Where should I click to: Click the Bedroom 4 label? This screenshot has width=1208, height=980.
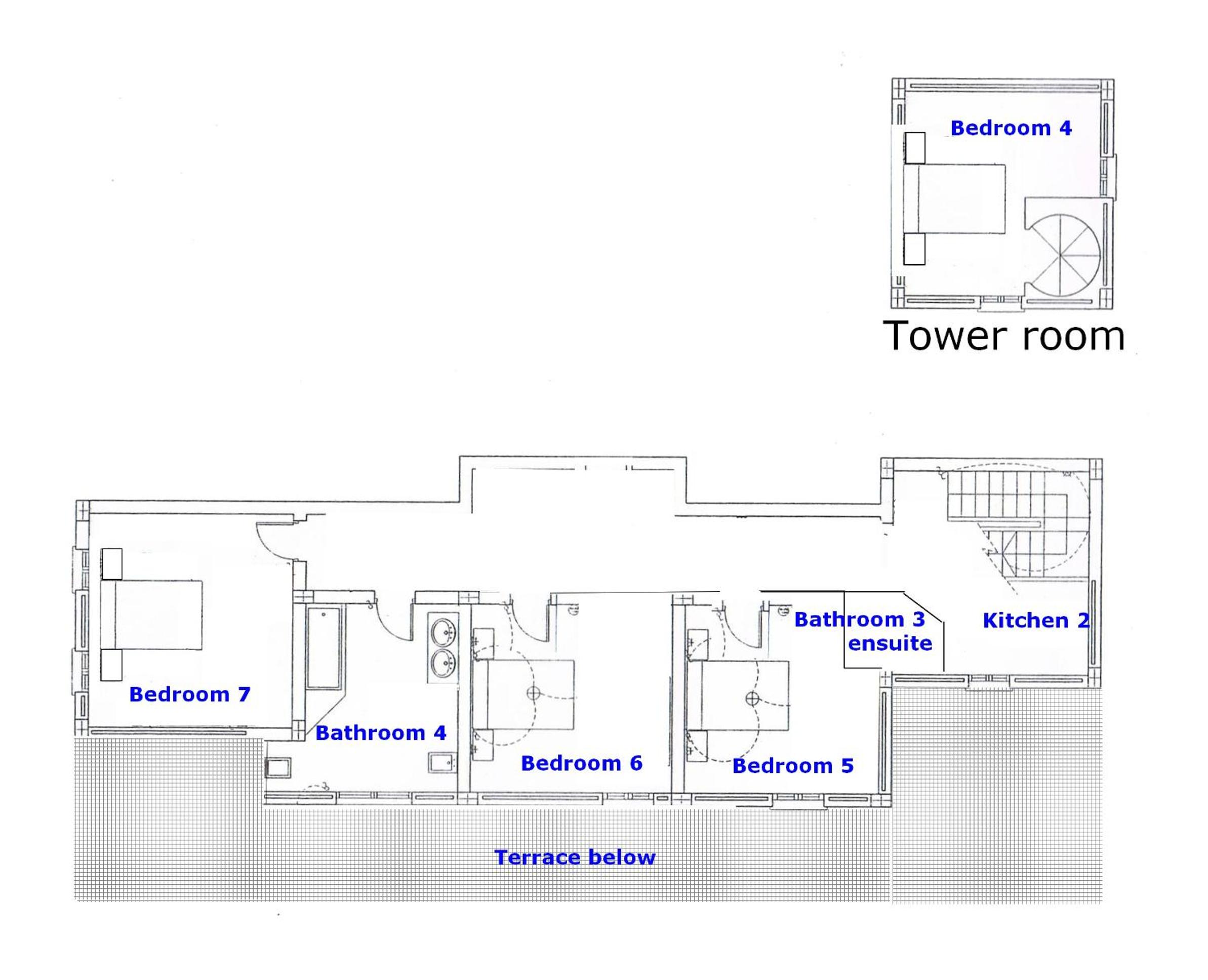click(1011, 128)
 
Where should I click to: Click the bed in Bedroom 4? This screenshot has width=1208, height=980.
click(954, 199)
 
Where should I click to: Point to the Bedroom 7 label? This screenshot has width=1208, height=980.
click(190, 695)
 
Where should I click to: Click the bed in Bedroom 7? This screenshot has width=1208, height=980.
click(151, 615)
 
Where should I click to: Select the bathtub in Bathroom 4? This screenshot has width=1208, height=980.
click(325, 647)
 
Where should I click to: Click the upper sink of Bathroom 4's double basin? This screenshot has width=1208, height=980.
click(444, 631)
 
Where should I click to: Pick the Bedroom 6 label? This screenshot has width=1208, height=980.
click(581, 763)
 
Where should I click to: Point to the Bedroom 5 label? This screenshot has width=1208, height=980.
click(793, 766)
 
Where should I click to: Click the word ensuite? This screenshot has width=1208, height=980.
click(890, 643)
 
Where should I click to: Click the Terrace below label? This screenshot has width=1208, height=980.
click(575, 858)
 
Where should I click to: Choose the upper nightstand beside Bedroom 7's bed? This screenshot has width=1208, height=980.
click(112, 564)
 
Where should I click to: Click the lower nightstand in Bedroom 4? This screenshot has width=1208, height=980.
click(914, 249)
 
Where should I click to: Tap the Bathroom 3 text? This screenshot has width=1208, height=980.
click(860, 620)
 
